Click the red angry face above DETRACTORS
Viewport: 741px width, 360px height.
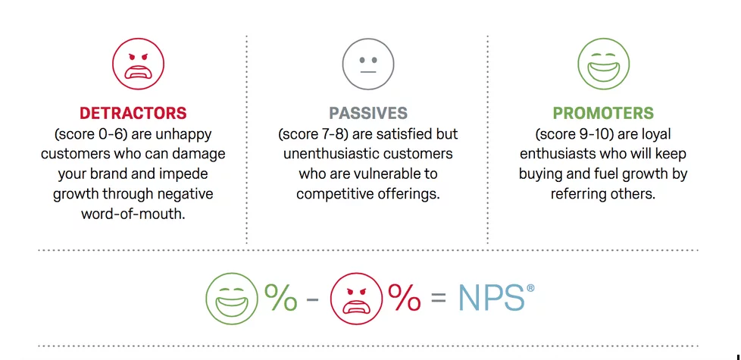138,64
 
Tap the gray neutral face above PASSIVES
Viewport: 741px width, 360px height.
368,64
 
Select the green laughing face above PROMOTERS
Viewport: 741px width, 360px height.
603,64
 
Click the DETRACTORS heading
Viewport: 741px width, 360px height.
133,114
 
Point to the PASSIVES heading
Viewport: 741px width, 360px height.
368,114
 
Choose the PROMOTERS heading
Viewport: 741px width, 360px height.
603,114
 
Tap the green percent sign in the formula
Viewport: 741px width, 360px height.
280,297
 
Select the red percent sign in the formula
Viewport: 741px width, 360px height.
404,297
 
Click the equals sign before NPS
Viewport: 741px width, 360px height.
438,299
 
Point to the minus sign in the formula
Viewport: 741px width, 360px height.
313,299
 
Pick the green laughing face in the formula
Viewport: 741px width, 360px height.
232,299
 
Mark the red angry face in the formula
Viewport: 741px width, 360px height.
356,299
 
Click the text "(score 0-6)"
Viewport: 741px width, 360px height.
90,134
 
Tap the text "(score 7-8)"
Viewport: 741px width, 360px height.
314,134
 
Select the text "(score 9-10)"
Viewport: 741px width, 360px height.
570,134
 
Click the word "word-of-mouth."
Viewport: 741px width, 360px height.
133,214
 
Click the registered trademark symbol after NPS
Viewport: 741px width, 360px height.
530,288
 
